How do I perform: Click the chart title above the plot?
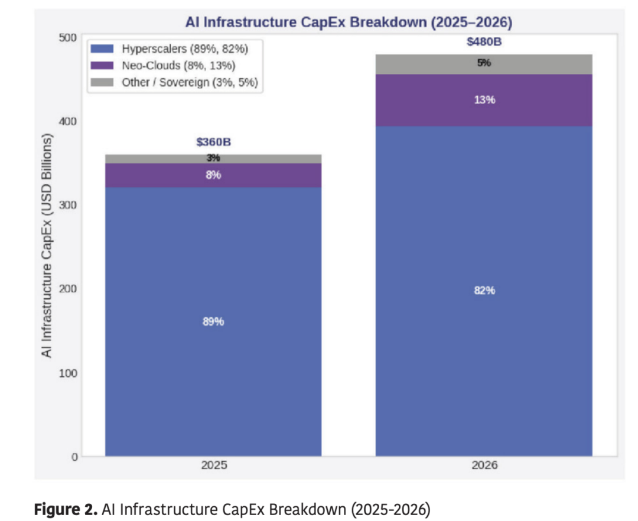coord(349,23)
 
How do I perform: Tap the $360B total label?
coord(213,142)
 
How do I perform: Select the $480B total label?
coord(484,43)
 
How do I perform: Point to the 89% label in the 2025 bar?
coord(213,322)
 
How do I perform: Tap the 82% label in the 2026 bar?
coord(484,291)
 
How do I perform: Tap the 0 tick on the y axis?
coord(74,457)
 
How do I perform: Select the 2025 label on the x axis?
coord(213,465)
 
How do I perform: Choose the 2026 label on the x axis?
coord(484,465)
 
